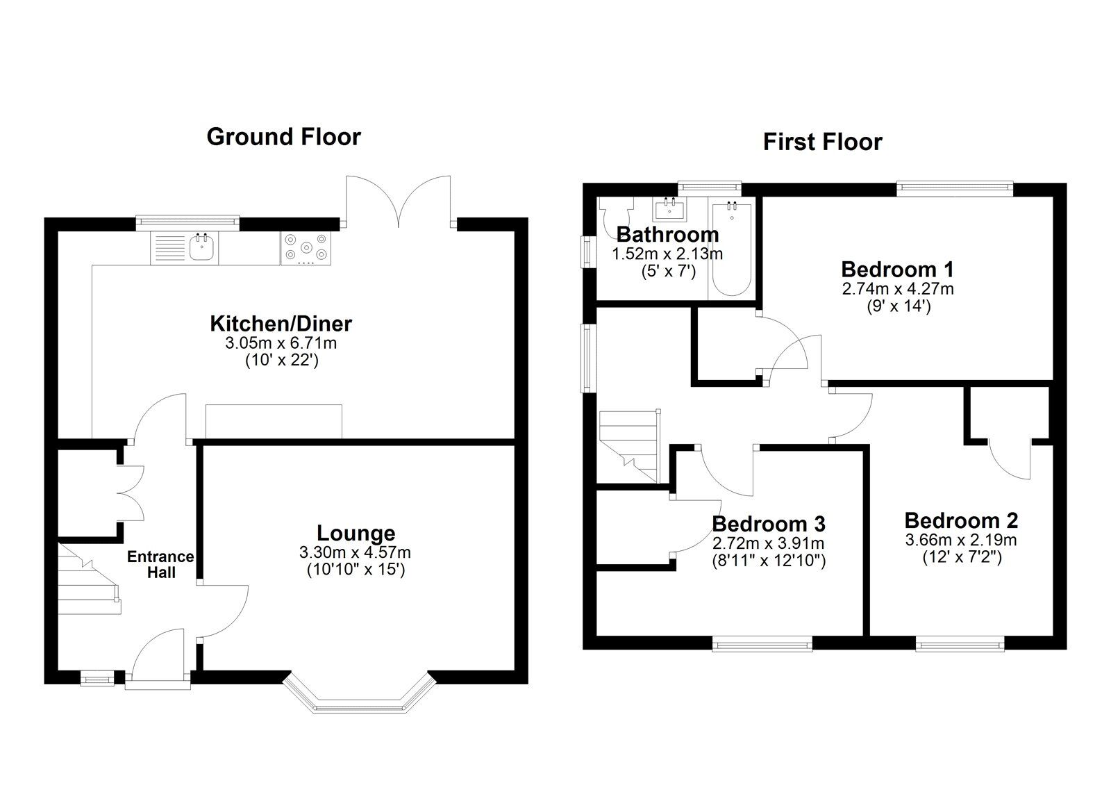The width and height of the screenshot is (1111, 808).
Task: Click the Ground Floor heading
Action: point(283,137)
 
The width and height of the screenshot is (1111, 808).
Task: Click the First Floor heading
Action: point(822,142)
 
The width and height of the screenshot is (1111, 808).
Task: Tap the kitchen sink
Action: point(202,247)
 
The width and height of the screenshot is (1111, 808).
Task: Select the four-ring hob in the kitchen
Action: point(306,248)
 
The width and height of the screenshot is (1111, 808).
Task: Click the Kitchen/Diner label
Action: point(281,324)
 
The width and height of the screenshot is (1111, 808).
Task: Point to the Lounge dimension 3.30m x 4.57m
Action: point(355,553)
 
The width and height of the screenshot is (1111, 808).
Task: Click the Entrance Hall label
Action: point(160,564)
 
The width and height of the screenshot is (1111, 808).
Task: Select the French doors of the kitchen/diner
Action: point(400,201)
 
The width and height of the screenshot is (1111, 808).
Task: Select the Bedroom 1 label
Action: point(897,270)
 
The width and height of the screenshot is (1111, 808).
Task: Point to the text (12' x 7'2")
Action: point(962,556)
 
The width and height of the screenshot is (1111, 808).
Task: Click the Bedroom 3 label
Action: point(768,524)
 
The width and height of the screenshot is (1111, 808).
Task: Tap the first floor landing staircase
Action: point(628,445)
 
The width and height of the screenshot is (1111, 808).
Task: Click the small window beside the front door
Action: point(97,678)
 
